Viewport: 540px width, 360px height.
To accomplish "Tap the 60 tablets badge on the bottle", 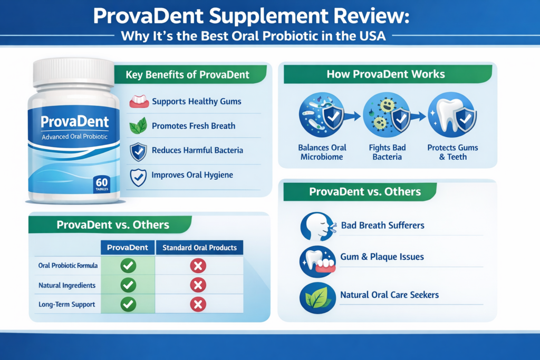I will coord(102,184).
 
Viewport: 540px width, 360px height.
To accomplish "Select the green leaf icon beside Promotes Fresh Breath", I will coord(139,126).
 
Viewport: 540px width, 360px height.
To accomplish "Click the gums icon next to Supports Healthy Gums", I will coord(139,101).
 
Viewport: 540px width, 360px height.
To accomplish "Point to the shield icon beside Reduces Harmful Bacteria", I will coord(139,151).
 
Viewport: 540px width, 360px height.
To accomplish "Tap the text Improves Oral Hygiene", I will coord(192,176).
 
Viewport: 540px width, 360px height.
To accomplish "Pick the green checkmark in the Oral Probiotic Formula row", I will coord(128,266).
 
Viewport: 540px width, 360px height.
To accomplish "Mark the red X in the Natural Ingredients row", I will coord(198,285).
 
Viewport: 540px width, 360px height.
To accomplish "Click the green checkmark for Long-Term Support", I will coord(128,305).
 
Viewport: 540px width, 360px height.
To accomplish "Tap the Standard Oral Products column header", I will coord(199,247).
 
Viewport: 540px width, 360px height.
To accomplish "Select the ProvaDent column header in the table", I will coord(128,247).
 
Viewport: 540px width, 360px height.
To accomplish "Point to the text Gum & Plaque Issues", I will coord(382,257).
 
